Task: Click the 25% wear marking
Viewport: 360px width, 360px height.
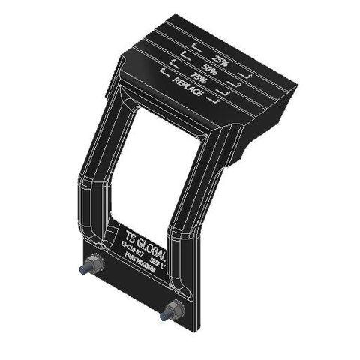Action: click(x=220, y=60)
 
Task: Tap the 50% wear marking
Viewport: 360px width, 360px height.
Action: click(x=209, y=69)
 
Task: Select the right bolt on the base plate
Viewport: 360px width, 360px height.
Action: click(x=171, y=310)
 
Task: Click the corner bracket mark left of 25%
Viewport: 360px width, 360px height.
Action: click(x=197, y=46)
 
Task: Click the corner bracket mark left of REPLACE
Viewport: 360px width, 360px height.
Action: click(x=164, y=73)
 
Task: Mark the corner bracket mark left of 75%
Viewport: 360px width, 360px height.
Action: click(x=175, y=64)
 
